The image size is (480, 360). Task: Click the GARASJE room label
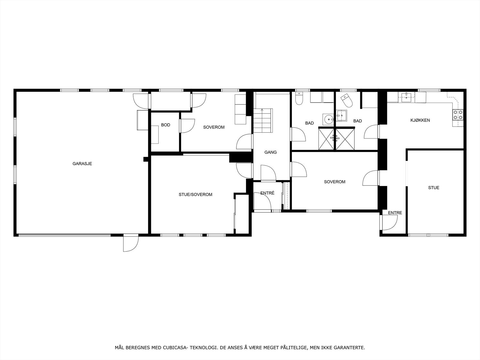[x=82, y=164]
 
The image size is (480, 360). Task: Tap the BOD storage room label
[x=166, y=125]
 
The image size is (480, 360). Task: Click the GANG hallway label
[x=270, y=152]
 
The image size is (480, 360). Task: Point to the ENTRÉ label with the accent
[x=267, y=193]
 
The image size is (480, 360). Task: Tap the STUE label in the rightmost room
[x=433, y=188]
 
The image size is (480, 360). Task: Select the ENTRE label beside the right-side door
[x=395, y=213]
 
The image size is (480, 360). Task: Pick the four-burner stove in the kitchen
[x=458, y=115]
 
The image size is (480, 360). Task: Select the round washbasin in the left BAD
[x=328, y=119]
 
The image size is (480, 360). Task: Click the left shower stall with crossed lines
[x=326, y=138]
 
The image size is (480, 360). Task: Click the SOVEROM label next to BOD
[x=214, y=127]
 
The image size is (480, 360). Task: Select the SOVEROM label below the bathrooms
[x=334, y=182]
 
